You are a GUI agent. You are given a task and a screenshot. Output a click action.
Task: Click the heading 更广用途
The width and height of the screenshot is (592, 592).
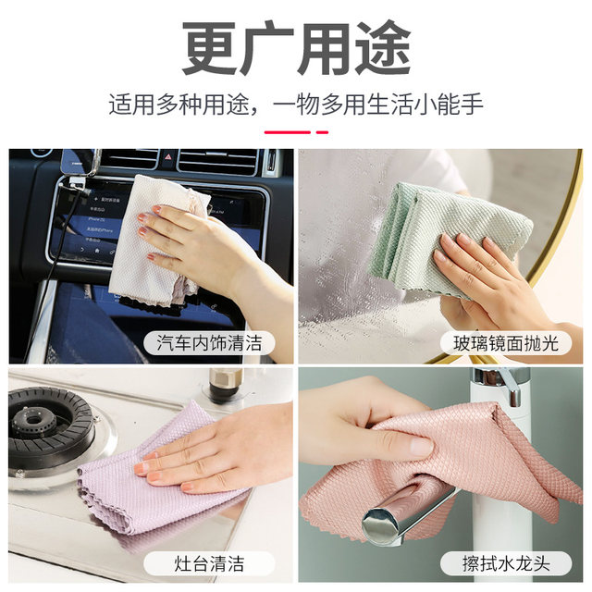click(x=296, y=48)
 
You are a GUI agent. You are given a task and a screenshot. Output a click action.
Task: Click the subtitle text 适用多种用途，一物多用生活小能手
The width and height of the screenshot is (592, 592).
click(x=296, y=104)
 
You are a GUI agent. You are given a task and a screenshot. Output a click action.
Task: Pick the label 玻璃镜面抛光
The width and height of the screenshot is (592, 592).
click(x=505, y=343)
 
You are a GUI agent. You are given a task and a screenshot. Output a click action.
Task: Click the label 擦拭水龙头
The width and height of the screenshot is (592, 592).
click(x=505, y=561)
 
